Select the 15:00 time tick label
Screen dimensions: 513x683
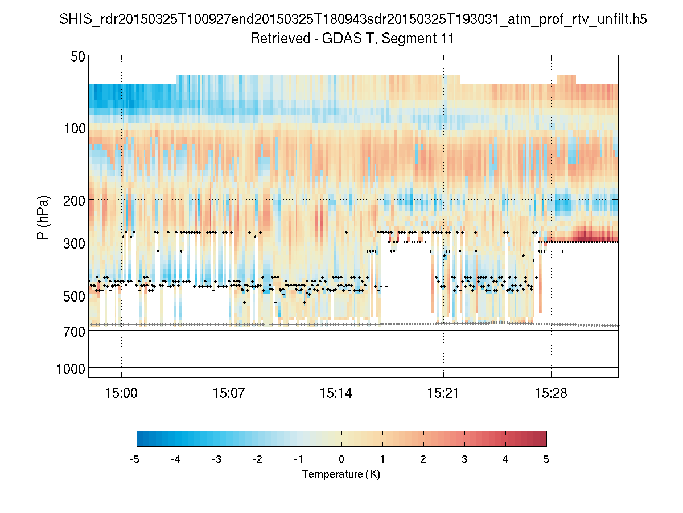121,393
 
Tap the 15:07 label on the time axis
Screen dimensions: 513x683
229,393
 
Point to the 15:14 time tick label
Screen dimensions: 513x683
336,393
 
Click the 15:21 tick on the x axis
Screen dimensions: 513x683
443,393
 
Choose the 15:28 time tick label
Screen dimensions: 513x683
551,393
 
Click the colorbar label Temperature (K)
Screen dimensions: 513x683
341,474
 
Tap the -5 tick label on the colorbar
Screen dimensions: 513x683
135,459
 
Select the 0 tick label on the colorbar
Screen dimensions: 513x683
341,459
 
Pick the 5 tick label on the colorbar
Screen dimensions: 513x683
546,459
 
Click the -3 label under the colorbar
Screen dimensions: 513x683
217,459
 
